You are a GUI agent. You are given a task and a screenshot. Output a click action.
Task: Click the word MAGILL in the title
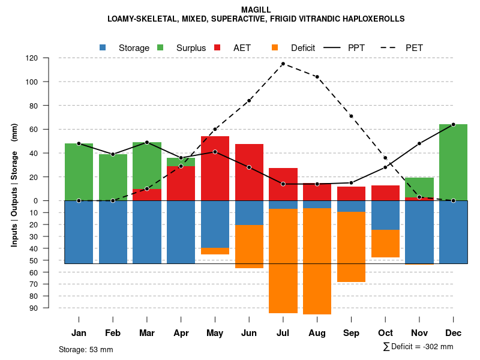[256, 10]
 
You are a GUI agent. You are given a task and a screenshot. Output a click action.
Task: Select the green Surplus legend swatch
[160, 47]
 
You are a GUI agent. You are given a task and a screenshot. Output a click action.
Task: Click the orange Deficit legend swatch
[275, 47]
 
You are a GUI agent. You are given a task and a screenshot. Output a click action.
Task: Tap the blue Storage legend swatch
[103, 47]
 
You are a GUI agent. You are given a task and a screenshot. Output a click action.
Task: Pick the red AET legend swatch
[217, 47]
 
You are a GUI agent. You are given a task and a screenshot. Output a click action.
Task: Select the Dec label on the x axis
[453, 333]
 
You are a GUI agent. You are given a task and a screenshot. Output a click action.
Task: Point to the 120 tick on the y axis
[49, 58]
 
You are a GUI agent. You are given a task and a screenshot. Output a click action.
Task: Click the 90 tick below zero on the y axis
[50, 308]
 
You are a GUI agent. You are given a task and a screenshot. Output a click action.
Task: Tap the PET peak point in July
[283, 64]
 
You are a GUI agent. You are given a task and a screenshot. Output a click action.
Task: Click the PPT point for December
[453, 124]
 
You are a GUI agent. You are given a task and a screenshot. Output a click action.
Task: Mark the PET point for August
[317, 77]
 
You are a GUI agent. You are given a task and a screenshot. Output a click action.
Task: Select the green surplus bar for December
[453, 162]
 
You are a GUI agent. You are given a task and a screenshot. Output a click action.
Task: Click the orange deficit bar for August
[317, 261]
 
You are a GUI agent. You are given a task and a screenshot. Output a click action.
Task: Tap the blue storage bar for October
[385, 215]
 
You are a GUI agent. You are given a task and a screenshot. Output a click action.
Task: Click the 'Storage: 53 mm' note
[86, 349]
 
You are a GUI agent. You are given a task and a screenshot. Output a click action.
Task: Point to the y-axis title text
[14, 185]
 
